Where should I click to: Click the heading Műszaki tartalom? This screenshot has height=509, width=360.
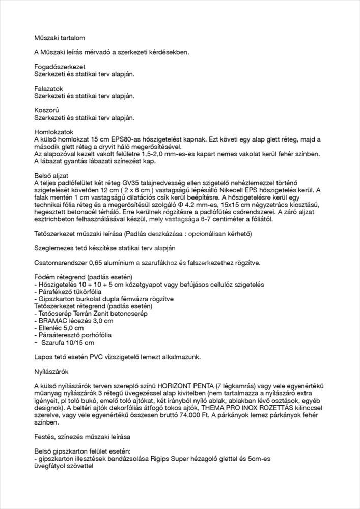(59, 38)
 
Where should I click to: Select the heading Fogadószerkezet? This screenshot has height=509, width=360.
(60, 67)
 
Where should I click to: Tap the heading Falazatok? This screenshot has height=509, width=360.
(48, 89)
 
